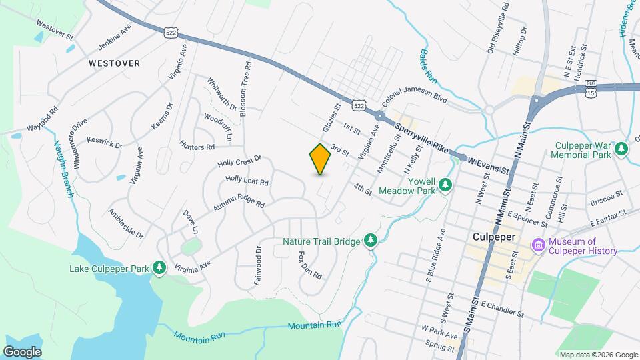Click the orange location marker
(x=320, y=159)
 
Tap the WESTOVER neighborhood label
(x=114, y=63)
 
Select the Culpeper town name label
(x=495, y=237)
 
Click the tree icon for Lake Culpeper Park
(x=159, y=267)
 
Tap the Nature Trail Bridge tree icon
(x=371, y=240)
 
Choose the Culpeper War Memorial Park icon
(x=621, y=148)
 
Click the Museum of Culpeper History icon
(x=539, y=245)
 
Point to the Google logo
(x=22, y=351)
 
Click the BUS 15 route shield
(x=591, y=88)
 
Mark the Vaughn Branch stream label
(x=64, y=169)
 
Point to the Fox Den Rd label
(x=311, y=265)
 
